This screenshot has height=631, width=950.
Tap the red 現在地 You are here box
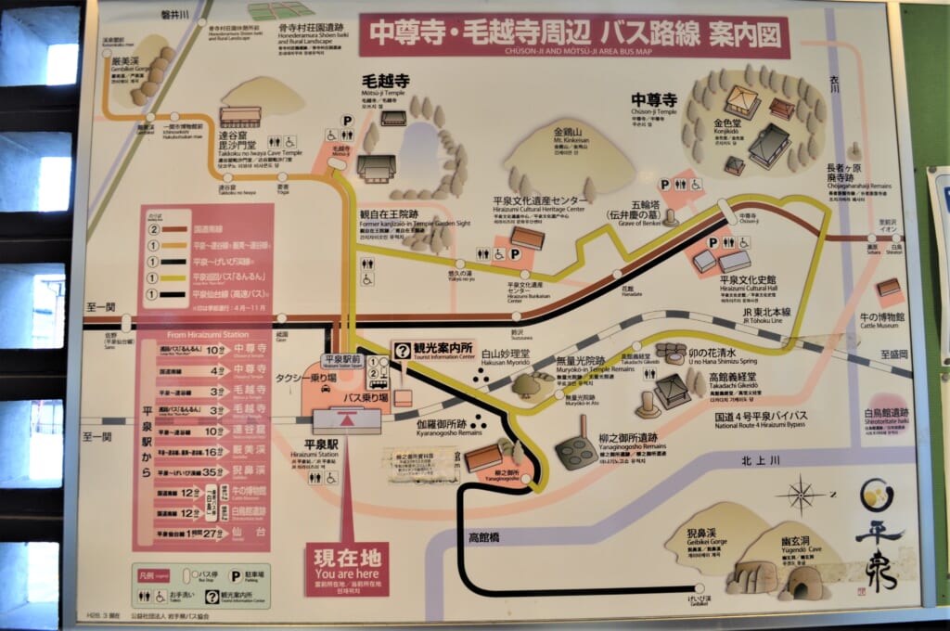[346, 568]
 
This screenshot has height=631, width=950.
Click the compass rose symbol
[800, 495]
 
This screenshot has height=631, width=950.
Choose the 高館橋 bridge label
[483, 536]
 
